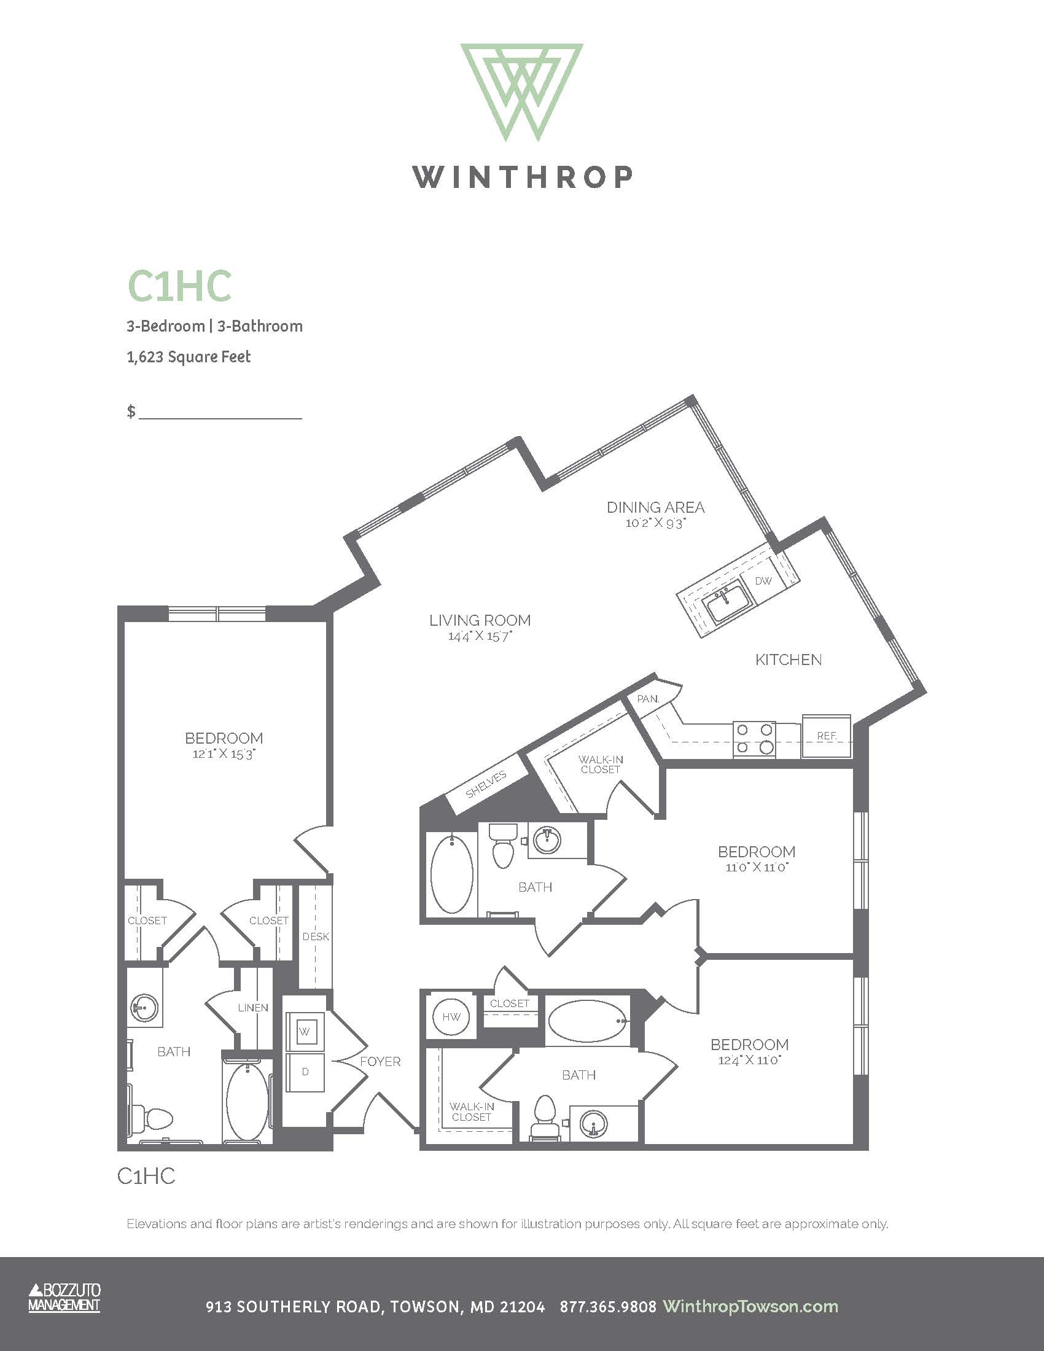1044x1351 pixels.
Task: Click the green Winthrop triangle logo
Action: click(x=522, y=91)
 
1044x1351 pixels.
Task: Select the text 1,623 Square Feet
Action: click(x=189, y=357)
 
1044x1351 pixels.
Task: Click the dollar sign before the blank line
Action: click(x=131, y=411)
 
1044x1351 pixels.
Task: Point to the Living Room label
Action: click(x=480, y=620)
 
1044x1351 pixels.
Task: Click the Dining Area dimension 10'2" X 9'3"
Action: click(x=656, y=523)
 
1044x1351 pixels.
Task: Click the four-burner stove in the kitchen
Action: click(x=755, y=739)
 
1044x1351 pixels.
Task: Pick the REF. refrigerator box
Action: click(x=827, y=736)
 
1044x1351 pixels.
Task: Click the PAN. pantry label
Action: click(x=647, y=699)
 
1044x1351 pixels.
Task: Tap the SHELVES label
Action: click(x=486, y=784)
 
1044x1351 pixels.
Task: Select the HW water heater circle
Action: click(x=451, y=1016)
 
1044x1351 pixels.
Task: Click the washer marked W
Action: click(x=304, y=1032)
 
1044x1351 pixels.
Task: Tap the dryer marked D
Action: click(x=305, y=1072)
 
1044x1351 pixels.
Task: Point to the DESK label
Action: click(x=316, y=936)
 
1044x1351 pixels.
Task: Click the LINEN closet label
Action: click(x=253, y=1008)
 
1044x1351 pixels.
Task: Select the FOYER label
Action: click(x=380, y=1062)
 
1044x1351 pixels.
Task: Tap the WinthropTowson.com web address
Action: click(x=750, y=1306)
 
